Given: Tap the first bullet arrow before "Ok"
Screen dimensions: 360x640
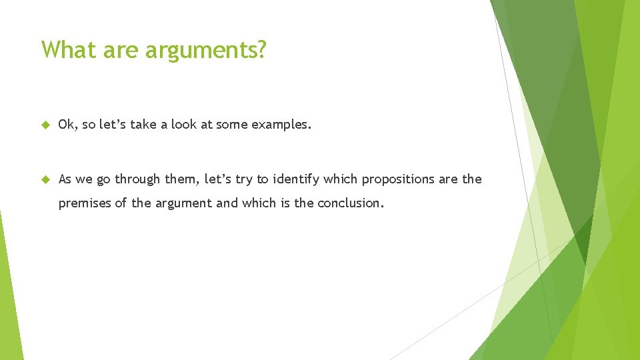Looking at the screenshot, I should pyautogui.click(x=45, y=124).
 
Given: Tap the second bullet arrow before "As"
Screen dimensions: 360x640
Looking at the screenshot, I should pyautogui.click(x=45, y=179).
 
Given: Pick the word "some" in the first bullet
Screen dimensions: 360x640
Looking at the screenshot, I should pyautogui.click(x=231, y=124).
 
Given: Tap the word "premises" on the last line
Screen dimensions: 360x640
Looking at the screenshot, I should pyautogui.click(x=85, y=203).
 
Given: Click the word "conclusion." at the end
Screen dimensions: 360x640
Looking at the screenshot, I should pyautogui.click(x=351, y=203).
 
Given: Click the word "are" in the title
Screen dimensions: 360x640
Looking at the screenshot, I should pyautogui.click(x=124, y=50).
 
